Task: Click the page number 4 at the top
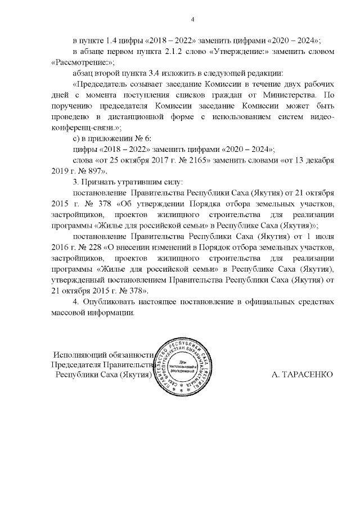pyautogui.click(x=193, y=21)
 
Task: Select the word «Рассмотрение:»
pyautogui.click(x=75, y=62)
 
